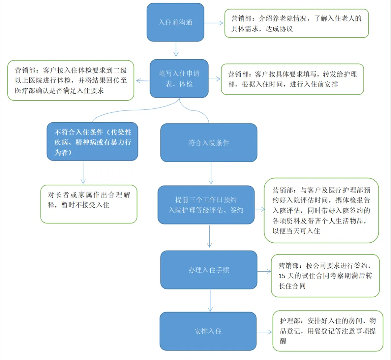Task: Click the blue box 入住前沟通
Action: pos(175,22)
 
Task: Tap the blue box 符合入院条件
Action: pos(209,143)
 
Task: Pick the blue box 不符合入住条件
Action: pos(92,142)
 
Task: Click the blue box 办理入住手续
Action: pos(209,270)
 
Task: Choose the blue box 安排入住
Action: pos(208,331)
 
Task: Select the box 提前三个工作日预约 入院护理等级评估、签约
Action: pos(206,205)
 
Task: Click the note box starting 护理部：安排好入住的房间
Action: pos(328,331)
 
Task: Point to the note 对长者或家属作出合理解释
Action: pos(89,204)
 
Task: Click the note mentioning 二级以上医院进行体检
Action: pos(71,80)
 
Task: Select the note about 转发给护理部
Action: pos(292,79)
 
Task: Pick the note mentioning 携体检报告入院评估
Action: pos(321,210)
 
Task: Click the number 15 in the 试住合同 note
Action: pos(282,276)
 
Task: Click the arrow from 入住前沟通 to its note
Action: pos(214,22)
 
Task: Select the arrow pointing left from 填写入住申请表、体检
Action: pos(143,79)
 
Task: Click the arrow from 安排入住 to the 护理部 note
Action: pos(264,332)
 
